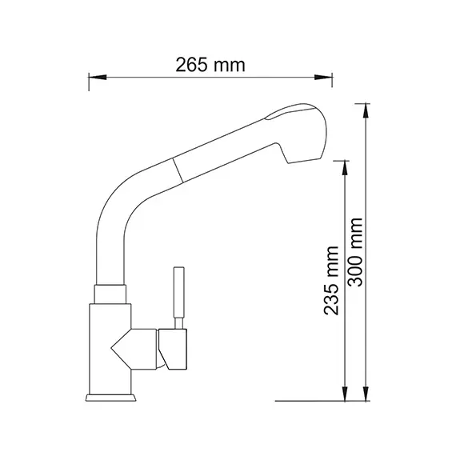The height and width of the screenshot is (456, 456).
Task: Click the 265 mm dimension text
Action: coord(210,65)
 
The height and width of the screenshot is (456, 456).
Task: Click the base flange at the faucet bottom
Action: coord(110,396)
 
